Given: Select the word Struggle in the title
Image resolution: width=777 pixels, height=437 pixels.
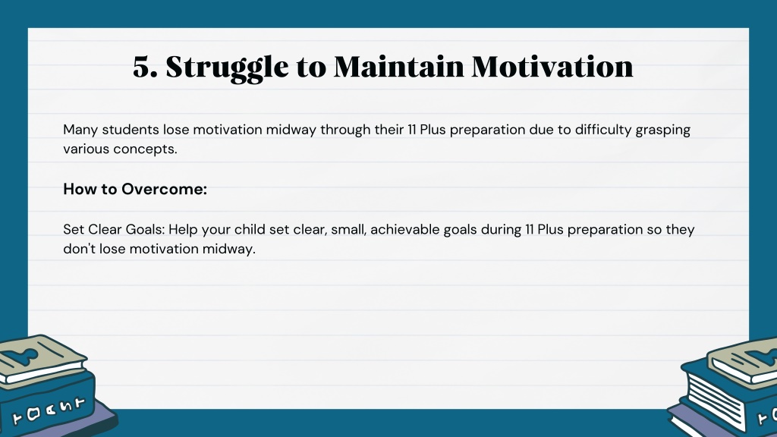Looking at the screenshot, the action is [227, 68].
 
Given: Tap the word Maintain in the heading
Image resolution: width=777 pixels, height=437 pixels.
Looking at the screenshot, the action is [399, 67].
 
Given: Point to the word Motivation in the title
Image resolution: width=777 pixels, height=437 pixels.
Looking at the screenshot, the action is [552, 67].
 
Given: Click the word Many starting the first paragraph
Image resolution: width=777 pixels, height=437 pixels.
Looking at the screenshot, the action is [80, 130].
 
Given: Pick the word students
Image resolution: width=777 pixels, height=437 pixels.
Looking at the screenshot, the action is [131, 129].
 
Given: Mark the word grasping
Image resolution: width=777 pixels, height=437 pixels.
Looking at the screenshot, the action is [663, 130].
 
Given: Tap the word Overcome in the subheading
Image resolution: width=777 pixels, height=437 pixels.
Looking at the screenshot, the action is [164, 189].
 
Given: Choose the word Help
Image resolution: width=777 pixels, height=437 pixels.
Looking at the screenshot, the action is [183, 230].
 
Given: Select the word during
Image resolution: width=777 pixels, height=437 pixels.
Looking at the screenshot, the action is [497, 229].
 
